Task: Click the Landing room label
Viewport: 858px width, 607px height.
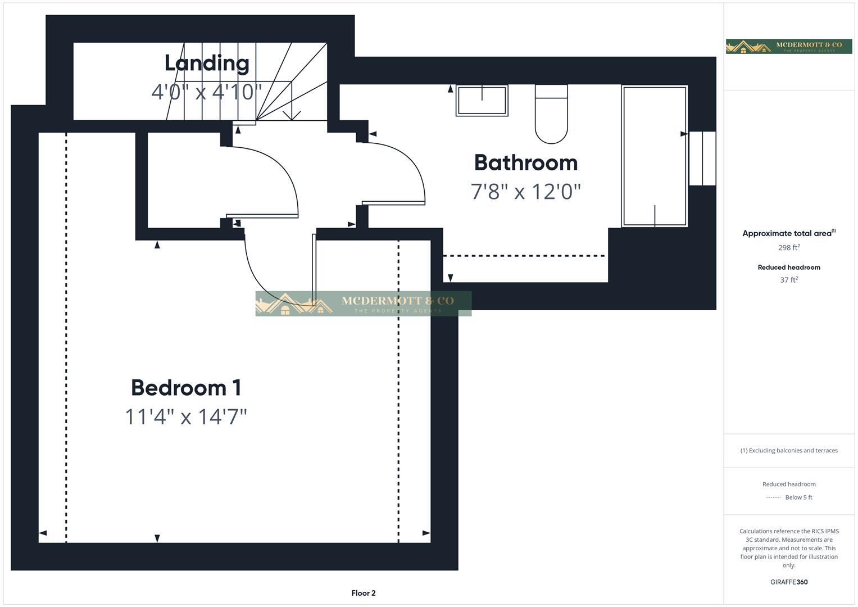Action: (x=207, y=63)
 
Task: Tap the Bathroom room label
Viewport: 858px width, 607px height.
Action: (x=525, y=162)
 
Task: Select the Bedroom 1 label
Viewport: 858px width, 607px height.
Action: (x=186, y=388)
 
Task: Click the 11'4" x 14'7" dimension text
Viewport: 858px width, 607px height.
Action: (x=186, y=417)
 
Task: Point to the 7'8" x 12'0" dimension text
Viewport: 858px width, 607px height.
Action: (x=525, y=192)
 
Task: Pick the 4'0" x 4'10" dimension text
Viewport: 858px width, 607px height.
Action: (x=207, y=92)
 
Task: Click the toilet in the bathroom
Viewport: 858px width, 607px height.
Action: (x=551, y=114)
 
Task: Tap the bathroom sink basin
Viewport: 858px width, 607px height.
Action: (x=482, y=101)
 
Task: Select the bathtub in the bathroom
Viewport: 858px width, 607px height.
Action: (x=655, y=156)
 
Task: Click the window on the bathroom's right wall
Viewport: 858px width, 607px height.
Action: (x=702, y=158)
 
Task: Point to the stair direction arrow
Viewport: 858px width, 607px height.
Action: (x=291, y=115)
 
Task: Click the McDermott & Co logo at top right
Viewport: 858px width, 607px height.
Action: (x=788, y=46)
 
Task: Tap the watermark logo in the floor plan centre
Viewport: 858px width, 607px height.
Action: (x=363, y=303)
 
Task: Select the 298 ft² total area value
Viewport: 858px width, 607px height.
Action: (x=788, y=248)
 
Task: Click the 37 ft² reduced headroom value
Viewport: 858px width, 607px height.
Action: (x=788, y=280)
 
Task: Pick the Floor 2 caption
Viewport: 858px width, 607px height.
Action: (x=363, y=593)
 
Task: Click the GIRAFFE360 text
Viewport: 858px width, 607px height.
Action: (x=788, y=582)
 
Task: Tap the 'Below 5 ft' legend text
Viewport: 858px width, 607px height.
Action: (x=798, y=497)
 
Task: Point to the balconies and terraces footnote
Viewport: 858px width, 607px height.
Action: (x=788, y=450)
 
